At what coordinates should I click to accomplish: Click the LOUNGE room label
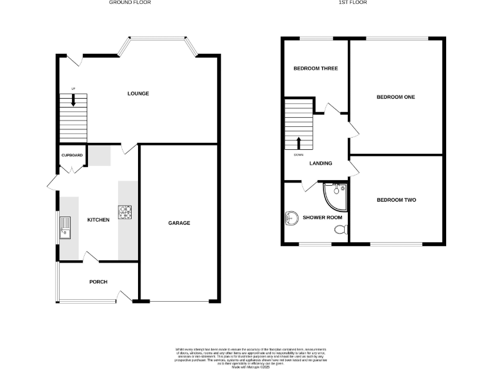138,94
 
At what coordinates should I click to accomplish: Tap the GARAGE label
179,223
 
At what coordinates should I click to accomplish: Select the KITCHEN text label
98,220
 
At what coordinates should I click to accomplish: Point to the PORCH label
98,282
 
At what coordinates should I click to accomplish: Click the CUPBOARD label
71,156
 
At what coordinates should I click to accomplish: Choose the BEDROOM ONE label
395,97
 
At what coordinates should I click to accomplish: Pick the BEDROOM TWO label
396,200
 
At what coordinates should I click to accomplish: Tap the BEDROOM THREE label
315,68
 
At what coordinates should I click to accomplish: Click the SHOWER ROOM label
323,217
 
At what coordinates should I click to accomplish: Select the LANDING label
320,163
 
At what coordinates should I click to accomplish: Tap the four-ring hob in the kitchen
125,211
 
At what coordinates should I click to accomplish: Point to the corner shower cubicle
336,196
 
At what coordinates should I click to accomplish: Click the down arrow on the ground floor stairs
73,100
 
